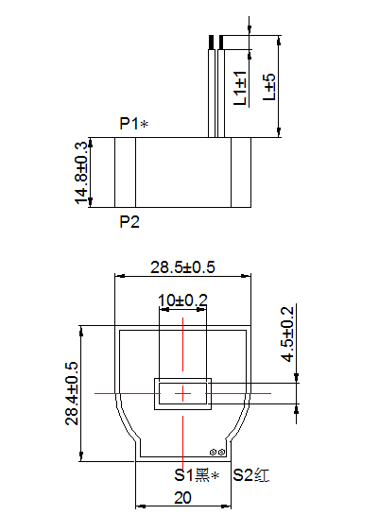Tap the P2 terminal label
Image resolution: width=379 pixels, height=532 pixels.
coord(129,222)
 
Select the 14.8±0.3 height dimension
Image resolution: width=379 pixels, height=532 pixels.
coord(81,171)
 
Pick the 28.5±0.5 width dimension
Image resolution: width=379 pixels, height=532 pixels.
coord(183,267)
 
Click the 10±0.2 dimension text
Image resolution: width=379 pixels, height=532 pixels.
coord(182,300)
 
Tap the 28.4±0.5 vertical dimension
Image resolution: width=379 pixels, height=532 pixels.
coord(72,393)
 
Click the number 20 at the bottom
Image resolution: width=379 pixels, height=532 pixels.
coord(183,497)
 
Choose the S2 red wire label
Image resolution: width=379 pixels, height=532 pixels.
coord(251,475)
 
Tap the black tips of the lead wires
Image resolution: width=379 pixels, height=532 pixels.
coord(215,43)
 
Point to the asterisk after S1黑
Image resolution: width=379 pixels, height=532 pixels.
coord(215,475)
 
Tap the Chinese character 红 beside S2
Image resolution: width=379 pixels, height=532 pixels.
coord(263,475)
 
